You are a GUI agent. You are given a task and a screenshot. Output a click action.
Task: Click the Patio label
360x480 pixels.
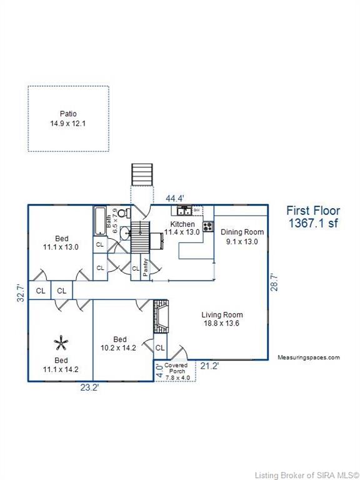coord(68,114)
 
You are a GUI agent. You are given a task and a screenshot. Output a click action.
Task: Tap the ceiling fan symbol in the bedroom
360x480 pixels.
coord(61,343)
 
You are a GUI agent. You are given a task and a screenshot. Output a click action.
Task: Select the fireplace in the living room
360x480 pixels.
coord(161,316)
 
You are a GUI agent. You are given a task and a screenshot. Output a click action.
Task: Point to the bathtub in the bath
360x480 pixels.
coord(100,221)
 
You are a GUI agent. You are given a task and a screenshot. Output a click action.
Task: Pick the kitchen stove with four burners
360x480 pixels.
coord(208,226)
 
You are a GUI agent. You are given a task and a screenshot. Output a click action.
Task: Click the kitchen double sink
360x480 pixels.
coord(184,211)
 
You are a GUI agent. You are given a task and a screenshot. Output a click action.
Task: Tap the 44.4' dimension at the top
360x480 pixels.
coord(175,198)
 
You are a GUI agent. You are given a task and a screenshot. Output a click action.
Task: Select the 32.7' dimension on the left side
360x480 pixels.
coord(21,293)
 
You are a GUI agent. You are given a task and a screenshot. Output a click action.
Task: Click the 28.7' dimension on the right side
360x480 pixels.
coord(274,282)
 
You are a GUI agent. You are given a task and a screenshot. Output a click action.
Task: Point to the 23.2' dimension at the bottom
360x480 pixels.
coord(89,387)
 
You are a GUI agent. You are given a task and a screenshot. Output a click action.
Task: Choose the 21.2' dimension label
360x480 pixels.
coord(209,366)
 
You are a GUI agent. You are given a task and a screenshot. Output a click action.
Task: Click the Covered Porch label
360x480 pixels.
coord(176,368)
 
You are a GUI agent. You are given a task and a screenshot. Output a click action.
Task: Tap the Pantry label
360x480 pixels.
coord(146,267)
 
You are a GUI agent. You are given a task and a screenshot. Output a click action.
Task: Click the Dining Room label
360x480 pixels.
coord(242,232)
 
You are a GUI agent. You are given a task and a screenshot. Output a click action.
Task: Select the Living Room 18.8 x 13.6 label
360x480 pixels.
coord(222,319)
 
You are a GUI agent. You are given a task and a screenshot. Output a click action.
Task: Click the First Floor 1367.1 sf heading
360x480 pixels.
coord(313,217)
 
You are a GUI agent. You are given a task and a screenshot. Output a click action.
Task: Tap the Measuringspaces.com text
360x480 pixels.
coord(309,357)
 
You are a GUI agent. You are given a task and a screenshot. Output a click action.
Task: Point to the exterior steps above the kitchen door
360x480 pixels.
coord(142,174)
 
